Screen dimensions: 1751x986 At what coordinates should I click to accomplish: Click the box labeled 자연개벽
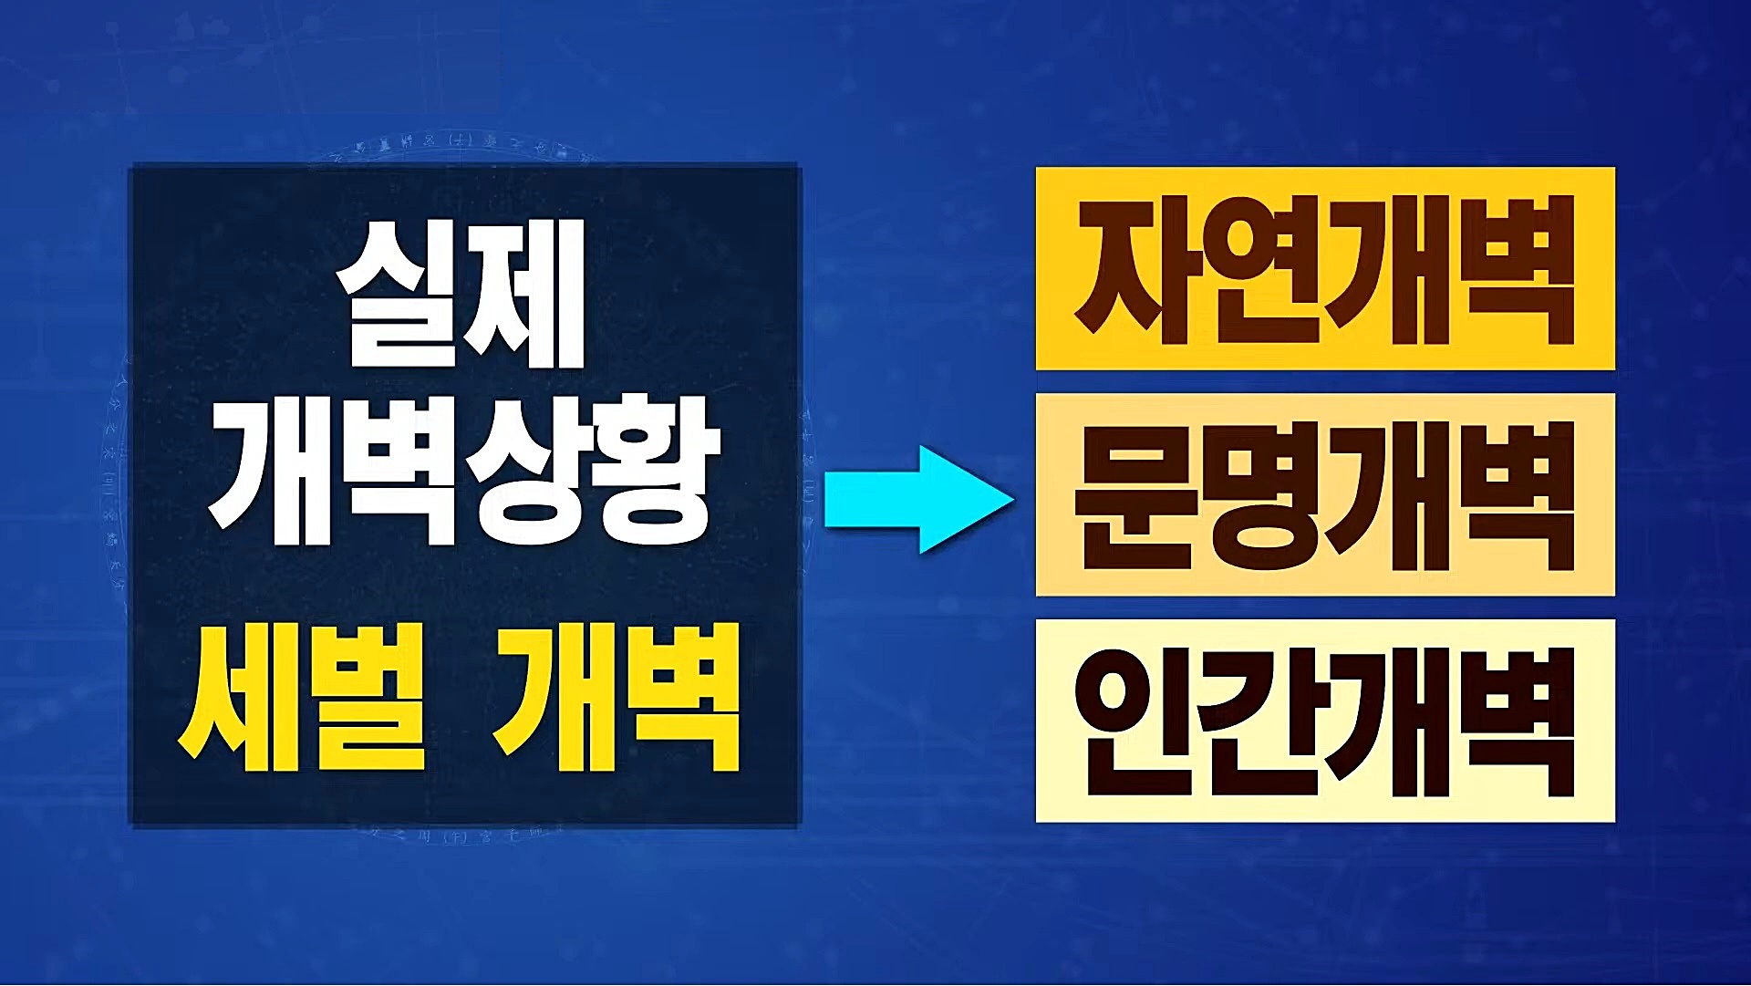1324,269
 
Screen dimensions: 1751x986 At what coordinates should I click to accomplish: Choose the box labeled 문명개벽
1324,494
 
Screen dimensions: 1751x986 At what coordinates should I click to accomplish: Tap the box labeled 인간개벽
1324,721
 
